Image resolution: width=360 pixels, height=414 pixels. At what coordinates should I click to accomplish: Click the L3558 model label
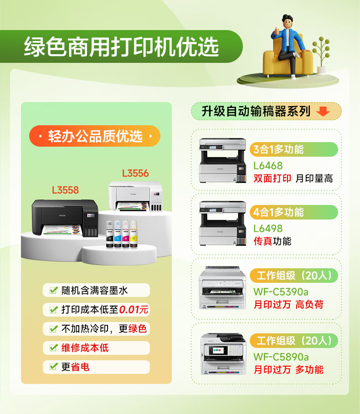pos(65,190)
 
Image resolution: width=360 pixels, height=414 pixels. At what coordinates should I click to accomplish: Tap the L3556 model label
pos(135,174)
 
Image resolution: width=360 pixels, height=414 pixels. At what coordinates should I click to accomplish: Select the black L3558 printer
pos(65,218)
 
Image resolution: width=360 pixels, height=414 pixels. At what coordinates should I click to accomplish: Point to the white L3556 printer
pos(135,196)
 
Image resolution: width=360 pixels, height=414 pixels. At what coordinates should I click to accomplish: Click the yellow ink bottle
pos(134,235)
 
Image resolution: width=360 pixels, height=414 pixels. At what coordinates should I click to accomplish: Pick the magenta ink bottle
pos(126,235)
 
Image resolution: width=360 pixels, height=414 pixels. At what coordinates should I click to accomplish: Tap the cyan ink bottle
pos(118,235)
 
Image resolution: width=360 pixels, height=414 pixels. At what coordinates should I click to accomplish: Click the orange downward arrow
pos(323,112)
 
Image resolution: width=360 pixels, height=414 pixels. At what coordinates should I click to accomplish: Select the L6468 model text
pos(268,166)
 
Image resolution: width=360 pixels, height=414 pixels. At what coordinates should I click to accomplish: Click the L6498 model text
pos(268,229)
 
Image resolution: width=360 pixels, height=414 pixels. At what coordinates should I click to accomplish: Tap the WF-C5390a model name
pos(281,292)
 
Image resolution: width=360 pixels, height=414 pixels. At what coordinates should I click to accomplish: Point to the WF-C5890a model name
pos(281,357)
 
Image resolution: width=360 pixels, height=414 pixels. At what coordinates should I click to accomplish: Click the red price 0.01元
pos(134,309)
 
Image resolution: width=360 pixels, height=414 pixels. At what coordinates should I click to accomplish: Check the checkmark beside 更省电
pos(54,367)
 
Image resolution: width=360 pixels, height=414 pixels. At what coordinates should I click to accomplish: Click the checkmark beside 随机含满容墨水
pos(54,290)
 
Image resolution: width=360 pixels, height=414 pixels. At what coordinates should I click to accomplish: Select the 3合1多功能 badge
pos(294,149)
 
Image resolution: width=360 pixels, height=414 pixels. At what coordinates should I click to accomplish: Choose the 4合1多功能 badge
pos(294,212)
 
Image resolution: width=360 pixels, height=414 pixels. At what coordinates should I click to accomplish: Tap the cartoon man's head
pos(288,22)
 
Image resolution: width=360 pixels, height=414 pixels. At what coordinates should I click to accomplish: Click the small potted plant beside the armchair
pos(321,56)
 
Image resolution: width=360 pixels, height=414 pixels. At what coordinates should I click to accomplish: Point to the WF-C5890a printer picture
pos(223,354)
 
